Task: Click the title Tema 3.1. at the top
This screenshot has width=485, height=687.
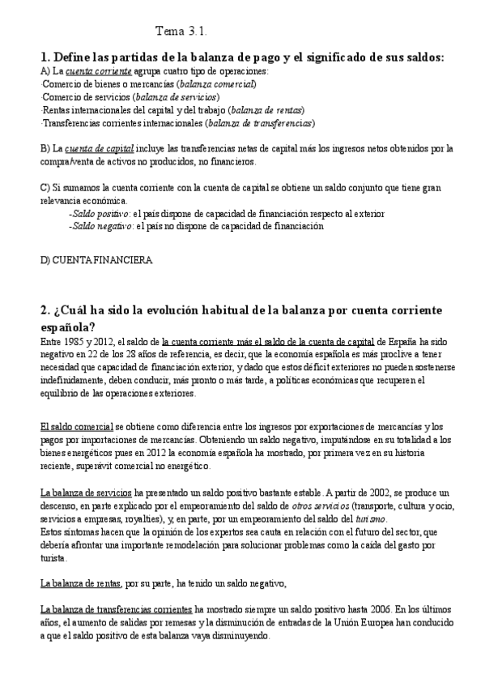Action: coord(181,32)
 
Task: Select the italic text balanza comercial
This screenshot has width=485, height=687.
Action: coord(217,83)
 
